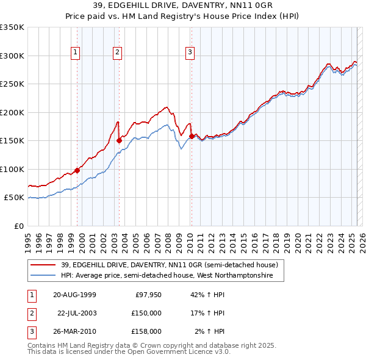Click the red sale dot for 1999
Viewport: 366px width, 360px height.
click(x=77, y=170)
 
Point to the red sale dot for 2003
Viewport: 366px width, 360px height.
click(x=119, y=140)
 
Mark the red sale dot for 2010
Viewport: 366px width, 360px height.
click(x=192, y=136)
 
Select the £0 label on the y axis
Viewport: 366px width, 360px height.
click(x=18, y=226)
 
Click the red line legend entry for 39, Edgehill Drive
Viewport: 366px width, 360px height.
click(x=169, y=265)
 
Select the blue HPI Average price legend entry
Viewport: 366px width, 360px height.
click(x=172, y=276)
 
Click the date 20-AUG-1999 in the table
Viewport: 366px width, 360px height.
click(x=74, y=295)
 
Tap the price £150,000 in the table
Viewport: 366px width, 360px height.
click(x=146, y=313)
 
